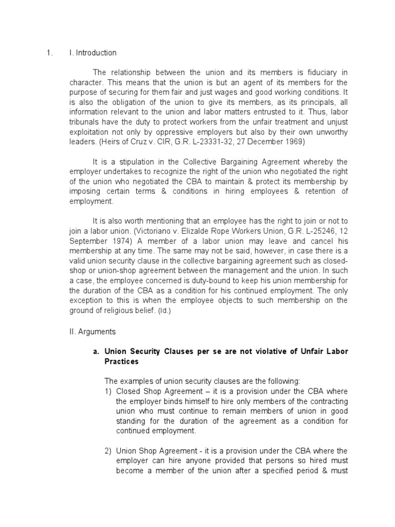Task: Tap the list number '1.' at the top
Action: click(x=49, y=53)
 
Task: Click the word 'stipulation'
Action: click(x=129, y=163)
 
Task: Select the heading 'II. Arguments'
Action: click(x=93, y=332)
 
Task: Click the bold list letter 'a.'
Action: click(x=96, y=352)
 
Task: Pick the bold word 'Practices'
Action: click(x=121, y=361)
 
